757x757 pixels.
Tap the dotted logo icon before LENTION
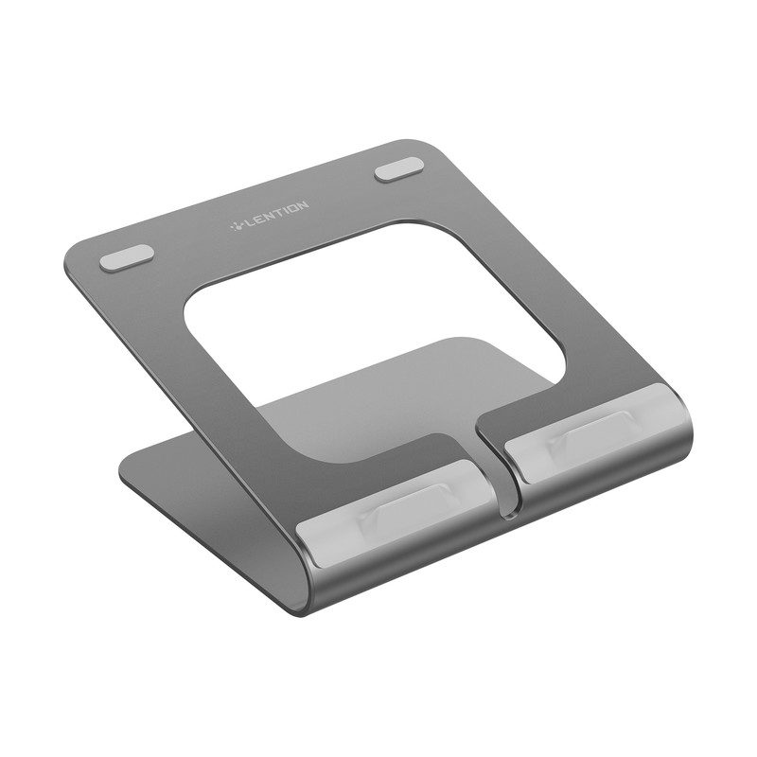[x=238, y=225]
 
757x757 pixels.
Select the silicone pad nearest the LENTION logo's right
[x=398, y=170]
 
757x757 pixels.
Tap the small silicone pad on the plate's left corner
[x=127, y=257]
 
